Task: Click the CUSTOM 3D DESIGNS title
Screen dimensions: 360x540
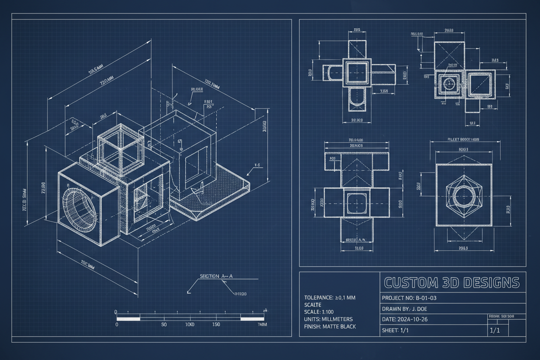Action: click(451, 283)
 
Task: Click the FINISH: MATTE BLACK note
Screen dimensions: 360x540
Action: click(330, 327)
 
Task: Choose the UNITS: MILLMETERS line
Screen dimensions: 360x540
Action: click(328, 319)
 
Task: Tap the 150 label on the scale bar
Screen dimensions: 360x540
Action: click(216, 325)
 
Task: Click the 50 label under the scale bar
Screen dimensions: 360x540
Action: click(164, 325)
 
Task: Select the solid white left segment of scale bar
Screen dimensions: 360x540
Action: click(129, 319)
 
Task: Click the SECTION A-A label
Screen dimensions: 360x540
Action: click(216, 276)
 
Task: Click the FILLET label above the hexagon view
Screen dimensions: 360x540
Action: click(463, 140)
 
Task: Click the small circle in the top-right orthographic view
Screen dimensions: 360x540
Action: click(450, 83)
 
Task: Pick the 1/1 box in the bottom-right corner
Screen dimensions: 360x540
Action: click(494, 331)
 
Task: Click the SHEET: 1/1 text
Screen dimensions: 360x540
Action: click(395, 331)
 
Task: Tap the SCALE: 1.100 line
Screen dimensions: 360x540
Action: click(319, 312)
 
